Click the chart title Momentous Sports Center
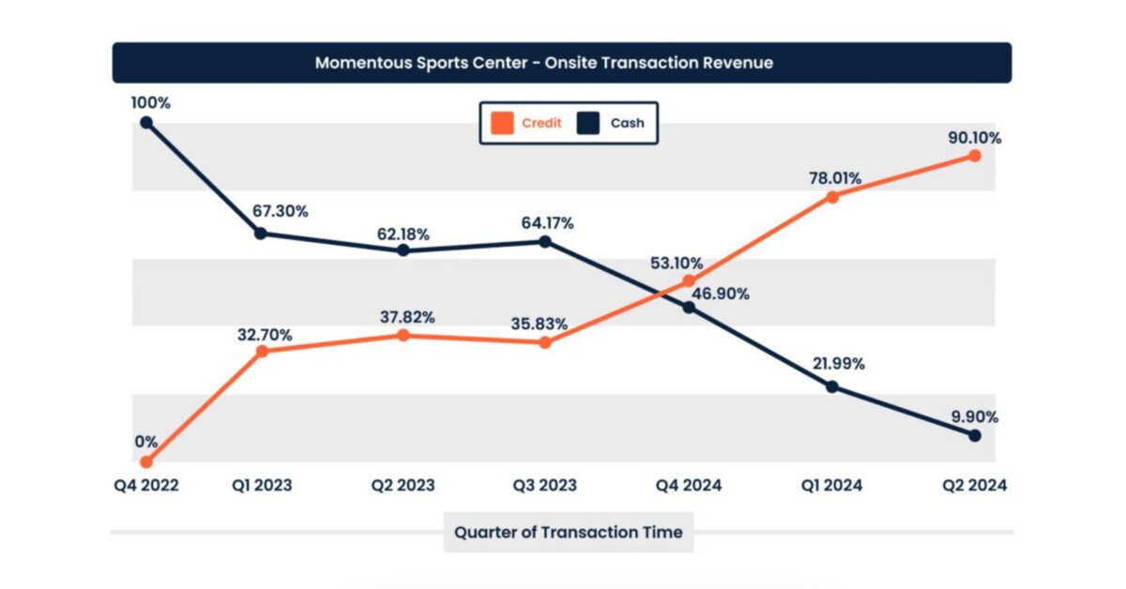coord(544,63)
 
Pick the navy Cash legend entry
coord(616,123)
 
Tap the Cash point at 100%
coord(146,122)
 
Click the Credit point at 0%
coord(146,461)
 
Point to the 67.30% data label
coord(280,211)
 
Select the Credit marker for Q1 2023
coord(263,352)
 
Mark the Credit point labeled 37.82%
coord(403,335)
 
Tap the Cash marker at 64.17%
coord(546,242)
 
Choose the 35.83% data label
coord(539,324)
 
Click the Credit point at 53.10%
coord(689,280)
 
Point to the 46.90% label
coord(722,294)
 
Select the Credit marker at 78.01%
coord(831,197)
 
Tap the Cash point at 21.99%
coord(831,386)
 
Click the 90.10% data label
coord(974,138)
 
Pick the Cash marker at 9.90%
coord(974,435)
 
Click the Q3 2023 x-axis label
coord(544,485)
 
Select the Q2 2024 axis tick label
coord(974,485)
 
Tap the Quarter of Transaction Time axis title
coord(568,532)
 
